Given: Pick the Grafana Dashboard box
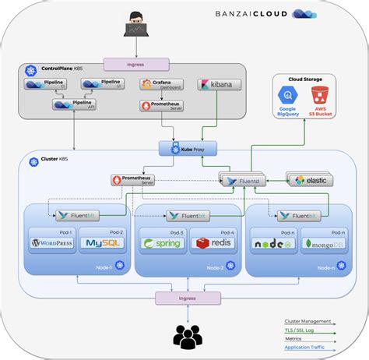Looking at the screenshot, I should tap(161, 83).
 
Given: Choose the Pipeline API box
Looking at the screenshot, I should tap(74, 104).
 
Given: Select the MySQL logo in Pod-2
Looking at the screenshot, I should tap(101, 242).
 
